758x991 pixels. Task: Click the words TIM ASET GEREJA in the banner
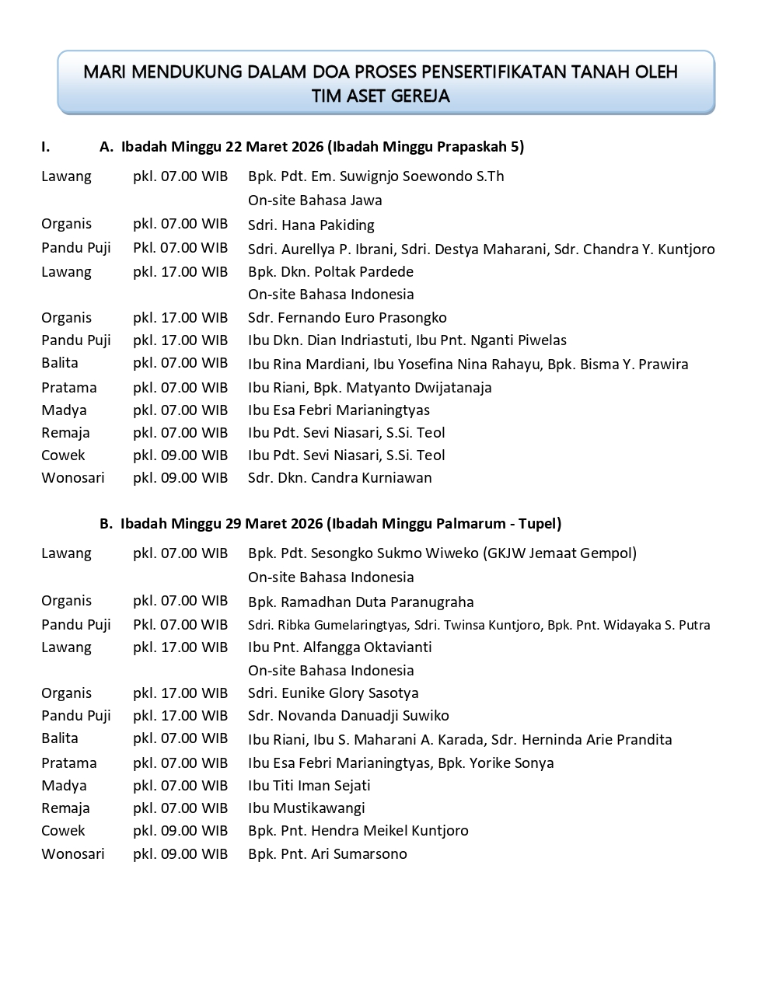(380, 96)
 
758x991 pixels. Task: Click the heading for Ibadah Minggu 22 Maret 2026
(322, 146)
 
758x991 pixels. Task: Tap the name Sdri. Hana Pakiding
(311, 225)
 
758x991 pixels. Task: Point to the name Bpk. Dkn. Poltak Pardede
(330, 272)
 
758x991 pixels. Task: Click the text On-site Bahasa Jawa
(315, 201)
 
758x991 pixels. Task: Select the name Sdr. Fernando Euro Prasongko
(347, 317)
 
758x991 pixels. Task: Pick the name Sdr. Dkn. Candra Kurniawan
(340, 477)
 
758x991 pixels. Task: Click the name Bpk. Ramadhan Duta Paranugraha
(361, 602)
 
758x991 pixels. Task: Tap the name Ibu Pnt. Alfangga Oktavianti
(340, 647)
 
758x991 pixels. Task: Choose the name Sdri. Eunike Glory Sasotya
(333, 693)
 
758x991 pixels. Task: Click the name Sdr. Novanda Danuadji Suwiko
(348, 715)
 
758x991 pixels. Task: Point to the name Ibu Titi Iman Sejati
(309, 785)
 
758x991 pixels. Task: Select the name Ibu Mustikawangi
(306, 808)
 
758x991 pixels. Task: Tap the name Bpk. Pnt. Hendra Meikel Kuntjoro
(358, 830)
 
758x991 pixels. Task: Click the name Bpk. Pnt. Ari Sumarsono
(327, 853)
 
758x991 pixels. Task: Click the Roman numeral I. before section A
(46, 146)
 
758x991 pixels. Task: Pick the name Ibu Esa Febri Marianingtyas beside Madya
(339, 410)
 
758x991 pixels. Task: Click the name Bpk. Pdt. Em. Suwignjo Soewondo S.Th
(376, 176)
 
